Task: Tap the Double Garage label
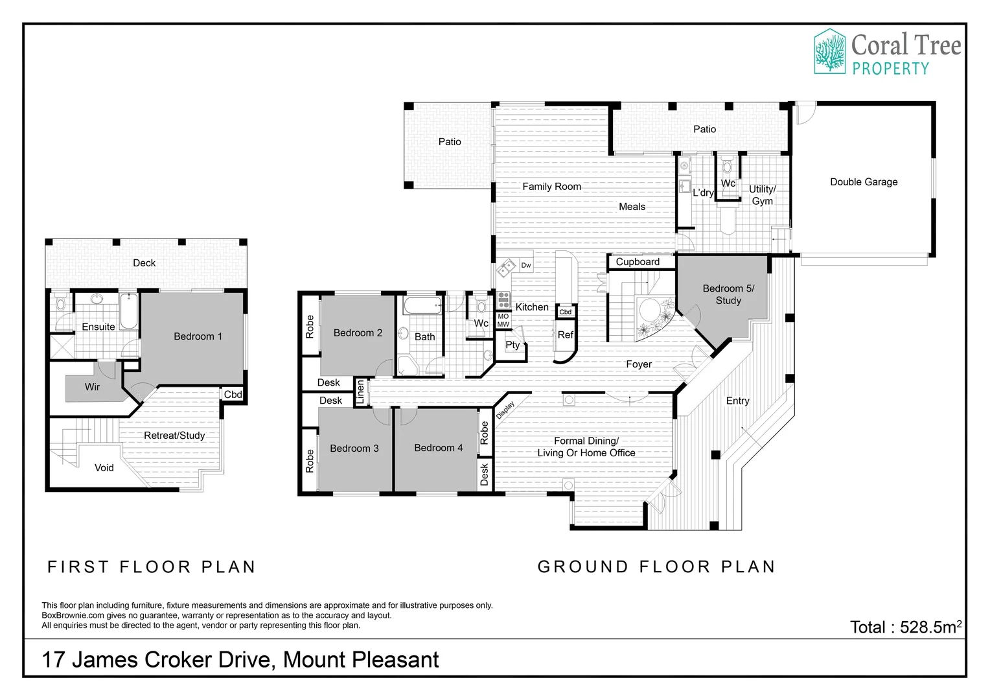(x=864, y=181)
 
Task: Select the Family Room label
(x=551, y=187)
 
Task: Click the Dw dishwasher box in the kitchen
(x=526, y=265)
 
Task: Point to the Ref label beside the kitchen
(x=565, y=334)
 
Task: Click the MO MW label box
(x=503, y=321)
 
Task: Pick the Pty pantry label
(x=512, y=345)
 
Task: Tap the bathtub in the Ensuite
(x=129, y=311)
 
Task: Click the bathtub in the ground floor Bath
(x=422, y=305)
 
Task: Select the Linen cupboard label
(x=360, y=391)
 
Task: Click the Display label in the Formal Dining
(x=505, y=410)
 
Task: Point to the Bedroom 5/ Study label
(x=728, y=294)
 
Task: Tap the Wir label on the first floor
(x=92, y=387)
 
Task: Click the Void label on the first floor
(x=104, y=468)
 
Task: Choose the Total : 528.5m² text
(x=906, y=627)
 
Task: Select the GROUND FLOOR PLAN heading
(x=656, y=566)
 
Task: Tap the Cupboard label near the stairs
(x=638, y=262)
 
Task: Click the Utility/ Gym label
(x=762, y=195)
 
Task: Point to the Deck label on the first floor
(x=144, y=263)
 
